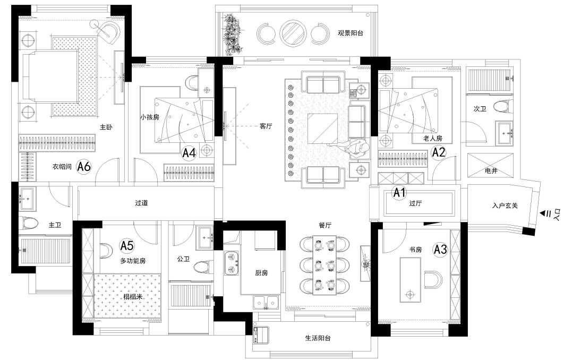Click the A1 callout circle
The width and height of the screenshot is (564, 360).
pyautogui.click(x=399, y=193)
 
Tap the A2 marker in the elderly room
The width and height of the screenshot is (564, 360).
pyautogui.click(x=439, y=152)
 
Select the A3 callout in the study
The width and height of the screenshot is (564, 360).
pyautogui.click(x=440, y=249)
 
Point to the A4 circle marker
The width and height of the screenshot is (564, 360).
pyautogui.click(x=189, y=153)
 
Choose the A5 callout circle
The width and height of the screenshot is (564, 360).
pyautogui.click(x=127, y=246)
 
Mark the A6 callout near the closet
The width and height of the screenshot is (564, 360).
pyautogui.click(x=84, y=167)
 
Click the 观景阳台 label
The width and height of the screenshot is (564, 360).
pyautogui.click(x=351, y=33)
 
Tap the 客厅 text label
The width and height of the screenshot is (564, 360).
pyautogui.click(x=266, y=126)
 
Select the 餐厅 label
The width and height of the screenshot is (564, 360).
pyautogui.click(x=325, y=226)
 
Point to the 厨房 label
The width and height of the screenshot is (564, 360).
pyautogui.click(x=261, y=273)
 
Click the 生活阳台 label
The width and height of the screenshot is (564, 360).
pyautogui.click(x=318, y=338)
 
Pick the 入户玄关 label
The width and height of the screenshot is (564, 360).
pyautogui.click(x=505, y=205)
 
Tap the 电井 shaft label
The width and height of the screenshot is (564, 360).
pyautogui.click(x=491, y=171)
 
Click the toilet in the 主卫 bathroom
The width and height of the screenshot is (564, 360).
pyautogui.click(x=30, y=224)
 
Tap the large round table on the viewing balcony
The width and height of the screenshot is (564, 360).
pyautogui.click(x=292, y=32)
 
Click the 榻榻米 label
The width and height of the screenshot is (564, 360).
pyautogui.click(x=133, y=297)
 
